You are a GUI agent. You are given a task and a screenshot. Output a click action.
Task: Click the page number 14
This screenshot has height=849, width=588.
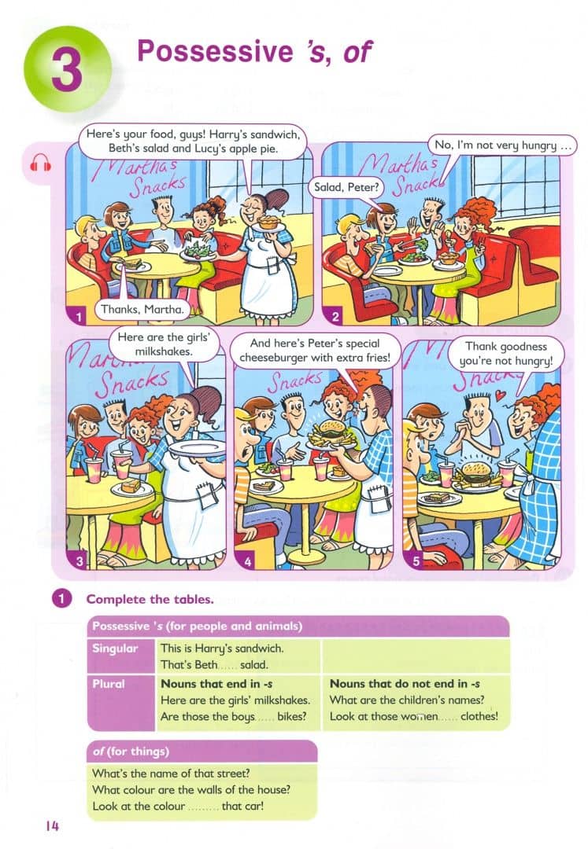point(53,826)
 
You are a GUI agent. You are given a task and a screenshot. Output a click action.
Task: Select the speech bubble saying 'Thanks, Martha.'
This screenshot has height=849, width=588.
point(142,309)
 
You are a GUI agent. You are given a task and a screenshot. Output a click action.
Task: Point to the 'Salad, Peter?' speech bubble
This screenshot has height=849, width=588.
point(346,187)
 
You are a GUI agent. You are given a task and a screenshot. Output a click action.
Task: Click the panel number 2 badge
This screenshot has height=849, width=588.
point(335,317)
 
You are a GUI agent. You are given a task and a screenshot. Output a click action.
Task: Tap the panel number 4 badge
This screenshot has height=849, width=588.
point(248,561)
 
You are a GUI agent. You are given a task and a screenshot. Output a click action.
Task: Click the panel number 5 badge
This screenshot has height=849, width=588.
point(416,561)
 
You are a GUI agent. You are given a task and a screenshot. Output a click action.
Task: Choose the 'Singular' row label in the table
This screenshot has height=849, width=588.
point(115,648)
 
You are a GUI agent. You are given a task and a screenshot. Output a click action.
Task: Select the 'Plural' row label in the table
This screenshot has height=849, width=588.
point(109,684)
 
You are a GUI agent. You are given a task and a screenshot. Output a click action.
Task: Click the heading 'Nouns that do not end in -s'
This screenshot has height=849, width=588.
point(405,684)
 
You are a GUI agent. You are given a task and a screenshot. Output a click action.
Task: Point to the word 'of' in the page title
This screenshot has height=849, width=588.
point(357,53)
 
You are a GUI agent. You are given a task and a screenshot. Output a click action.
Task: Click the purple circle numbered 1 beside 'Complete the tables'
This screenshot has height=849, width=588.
point(61,599)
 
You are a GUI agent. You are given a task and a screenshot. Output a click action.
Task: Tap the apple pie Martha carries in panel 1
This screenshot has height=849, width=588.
point(268,222)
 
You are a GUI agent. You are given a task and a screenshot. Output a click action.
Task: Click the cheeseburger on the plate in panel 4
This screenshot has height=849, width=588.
point(330,429)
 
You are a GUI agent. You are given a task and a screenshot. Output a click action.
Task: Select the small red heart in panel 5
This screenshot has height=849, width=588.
point(500,396)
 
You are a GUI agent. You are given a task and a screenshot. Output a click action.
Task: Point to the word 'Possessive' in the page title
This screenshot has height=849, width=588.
point(215,52)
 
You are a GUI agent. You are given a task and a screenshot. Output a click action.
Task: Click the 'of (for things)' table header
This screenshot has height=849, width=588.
point(131,752)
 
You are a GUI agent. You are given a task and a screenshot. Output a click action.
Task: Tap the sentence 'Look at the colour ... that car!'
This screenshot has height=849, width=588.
point(178,807)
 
